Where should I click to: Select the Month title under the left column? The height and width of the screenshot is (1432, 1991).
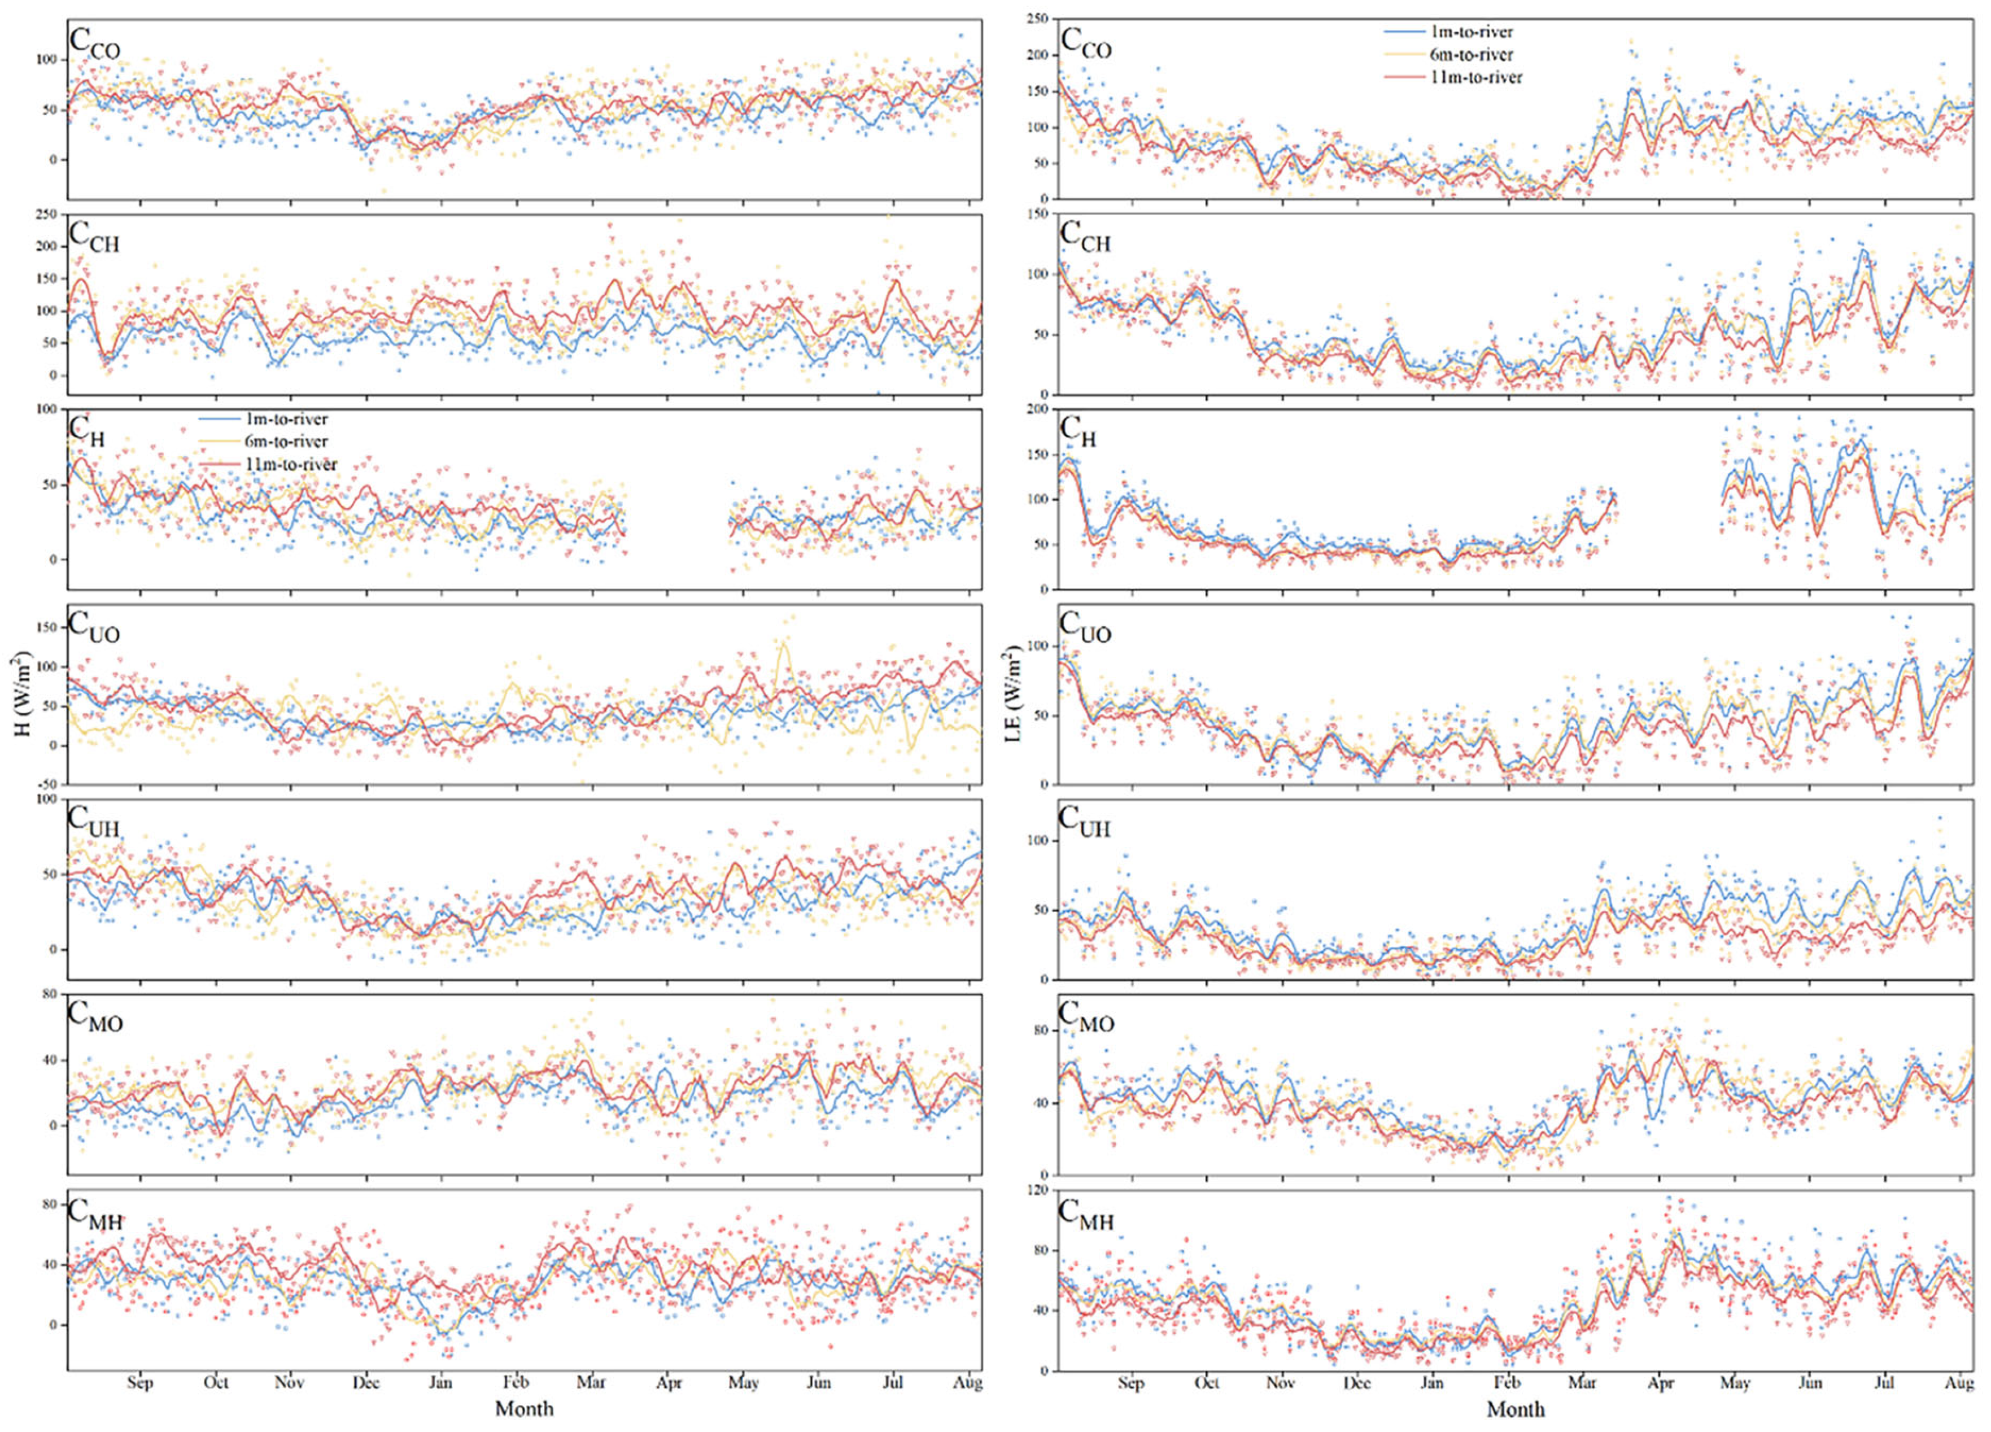(x=524, y=1408)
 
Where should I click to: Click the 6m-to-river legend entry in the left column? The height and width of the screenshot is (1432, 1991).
(x=280, y=442)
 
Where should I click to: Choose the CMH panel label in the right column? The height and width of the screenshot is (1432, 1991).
(x=1086, y=1213)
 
